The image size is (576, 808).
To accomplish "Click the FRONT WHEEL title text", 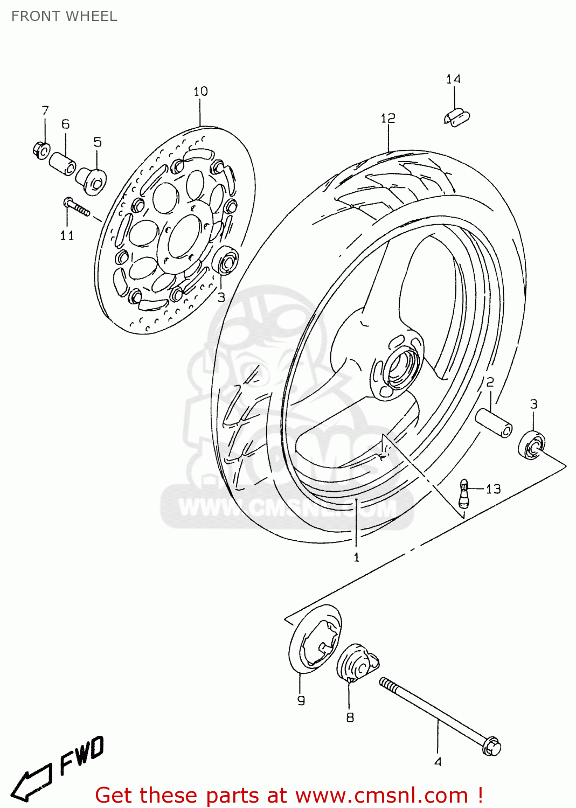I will pos(64,16).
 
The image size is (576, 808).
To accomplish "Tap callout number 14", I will pos(453,80).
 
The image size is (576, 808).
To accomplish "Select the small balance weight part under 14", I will pos(457,117).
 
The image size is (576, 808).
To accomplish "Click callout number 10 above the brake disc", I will pos(200,92).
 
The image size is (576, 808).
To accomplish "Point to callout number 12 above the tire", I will pos(388,118).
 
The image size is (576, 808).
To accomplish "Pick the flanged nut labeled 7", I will pos(41,148).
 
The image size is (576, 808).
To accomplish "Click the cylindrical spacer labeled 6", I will pos(63,163).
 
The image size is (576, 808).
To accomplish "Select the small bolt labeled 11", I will pos(76,207).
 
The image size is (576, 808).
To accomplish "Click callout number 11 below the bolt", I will pos(67,235).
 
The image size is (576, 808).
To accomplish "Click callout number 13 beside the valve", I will pos(493,489).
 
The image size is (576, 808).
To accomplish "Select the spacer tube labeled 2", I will pos(493,423).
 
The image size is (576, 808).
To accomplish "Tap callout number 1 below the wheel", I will pos(356,558).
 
